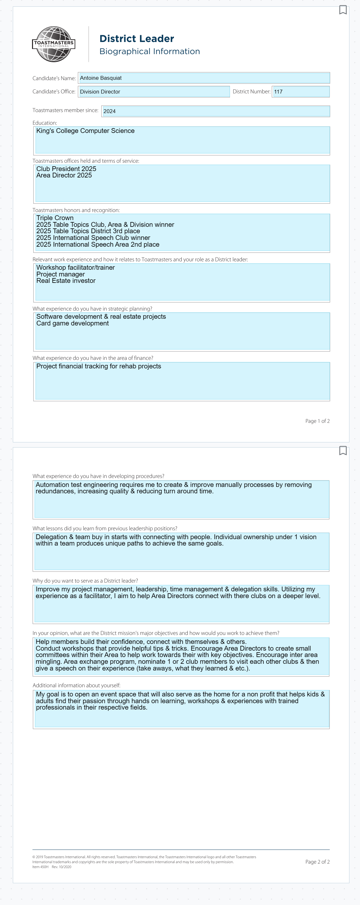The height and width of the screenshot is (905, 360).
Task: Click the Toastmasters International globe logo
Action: point(54,44)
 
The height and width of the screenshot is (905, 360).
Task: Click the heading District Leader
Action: point(137,39)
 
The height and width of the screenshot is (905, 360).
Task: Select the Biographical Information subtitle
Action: point(150,51)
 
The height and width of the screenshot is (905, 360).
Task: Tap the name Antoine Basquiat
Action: point(101,78)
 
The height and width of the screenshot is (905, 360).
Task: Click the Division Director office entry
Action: point(100,92)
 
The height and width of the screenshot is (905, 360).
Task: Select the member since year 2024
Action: point(109,111)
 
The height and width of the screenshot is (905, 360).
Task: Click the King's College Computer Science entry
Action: point(85,131)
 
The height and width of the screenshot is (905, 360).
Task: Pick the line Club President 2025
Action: point(66,169)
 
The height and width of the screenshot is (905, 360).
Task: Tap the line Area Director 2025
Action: point(64,175)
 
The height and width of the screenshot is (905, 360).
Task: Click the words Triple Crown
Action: point(55,218)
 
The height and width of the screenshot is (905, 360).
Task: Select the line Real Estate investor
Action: point(66,281)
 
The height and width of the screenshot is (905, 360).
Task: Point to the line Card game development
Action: point(72,323)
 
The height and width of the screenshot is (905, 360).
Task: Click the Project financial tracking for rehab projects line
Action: point(99,366)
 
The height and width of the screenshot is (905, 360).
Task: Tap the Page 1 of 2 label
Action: point(317,421)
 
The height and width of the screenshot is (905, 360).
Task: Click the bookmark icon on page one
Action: point(343,10)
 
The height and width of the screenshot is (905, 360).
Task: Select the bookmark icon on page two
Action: point(343,450)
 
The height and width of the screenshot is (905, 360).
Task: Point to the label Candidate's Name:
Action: point(54,78)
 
